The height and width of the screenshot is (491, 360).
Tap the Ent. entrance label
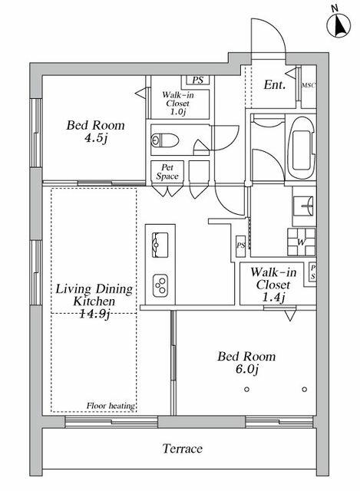tap(274, 86)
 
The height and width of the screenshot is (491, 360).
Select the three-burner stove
tap(162, 286)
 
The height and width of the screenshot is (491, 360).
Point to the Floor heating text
tap(111, 405)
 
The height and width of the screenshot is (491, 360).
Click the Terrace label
tap(182, 448)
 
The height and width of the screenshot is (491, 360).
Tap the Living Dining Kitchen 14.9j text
tap(94, 301)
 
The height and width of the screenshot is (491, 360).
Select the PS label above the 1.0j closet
tap(198, 80)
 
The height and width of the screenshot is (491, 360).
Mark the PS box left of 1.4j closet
tap(240, 245)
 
